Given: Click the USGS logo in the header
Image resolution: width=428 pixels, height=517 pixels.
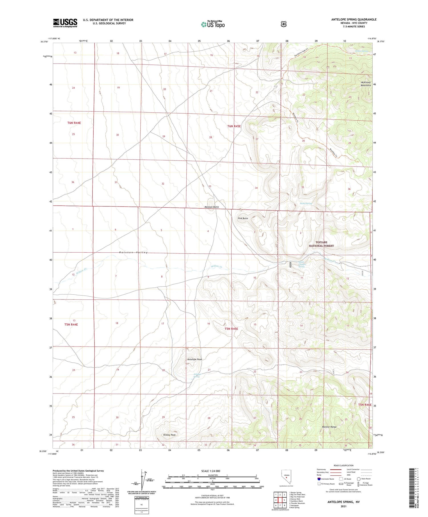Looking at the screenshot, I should (x=65, y=23).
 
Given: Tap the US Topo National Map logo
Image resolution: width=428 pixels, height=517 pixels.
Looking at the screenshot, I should (x=213, y=25).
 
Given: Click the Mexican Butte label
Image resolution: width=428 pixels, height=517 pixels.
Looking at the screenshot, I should (x=212, y=207).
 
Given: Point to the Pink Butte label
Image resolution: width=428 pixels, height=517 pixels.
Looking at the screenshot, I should (x=243, y=218).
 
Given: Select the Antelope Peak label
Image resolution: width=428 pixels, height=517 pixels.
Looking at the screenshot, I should (x=195, y=359).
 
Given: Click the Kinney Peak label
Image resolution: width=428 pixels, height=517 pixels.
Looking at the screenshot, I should (x=169, y=435).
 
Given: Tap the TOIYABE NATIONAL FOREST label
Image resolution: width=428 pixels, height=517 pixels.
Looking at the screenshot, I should (x=321, y=244).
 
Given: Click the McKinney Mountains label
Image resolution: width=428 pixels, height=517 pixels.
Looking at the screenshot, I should (x=366, y=84).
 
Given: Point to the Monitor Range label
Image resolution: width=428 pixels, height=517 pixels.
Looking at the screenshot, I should (x=329, y=427).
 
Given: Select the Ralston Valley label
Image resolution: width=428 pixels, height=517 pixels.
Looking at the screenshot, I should (x=133, y=253).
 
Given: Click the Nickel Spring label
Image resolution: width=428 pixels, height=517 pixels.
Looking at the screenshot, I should (x=306, y=204).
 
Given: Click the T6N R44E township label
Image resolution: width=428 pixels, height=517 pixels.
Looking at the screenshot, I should (x=74, y=123).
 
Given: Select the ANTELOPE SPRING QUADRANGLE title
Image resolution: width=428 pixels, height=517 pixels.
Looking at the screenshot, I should (x=354, y=20).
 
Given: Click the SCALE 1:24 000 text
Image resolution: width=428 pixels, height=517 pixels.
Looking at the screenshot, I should (x=211, y=471).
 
